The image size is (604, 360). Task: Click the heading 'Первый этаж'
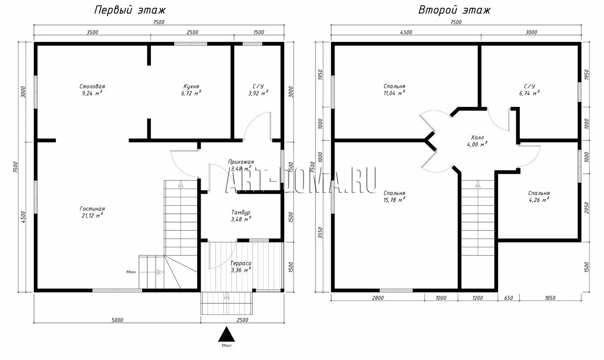coord(130,10)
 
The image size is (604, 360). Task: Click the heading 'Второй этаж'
coord(454,10)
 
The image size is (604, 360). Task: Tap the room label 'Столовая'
coord(92,86)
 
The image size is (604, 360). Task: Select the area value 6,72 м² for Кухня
coord(191,93)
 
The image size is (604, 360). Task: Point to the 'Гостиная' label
coord(92,209)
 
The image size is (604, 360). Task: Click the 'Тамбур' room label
coord(241,212)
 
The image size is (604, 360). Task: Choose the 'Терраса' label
coord(241,263)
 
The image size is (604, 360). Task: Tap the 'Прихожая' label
coord(241,162)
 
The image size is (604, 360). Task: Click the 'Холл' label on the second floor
coord(477,137)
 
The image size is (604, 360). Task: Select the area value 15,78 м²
coord(394,200)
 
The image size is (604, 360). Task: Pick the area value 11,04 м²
coord(394,93)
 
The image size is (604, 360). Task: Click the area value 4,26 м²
coord(539,200)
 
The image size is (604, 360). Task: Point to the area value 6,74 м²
coord(530,93)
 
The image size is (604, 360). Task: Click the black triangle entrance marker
coord(227,334)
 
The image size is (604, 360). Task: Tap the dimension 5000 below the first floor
coord(117,320)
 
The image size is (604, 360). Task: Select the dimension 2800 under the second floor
coord(378,298)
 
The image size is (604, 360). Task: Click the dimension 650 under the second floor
coord(509,298)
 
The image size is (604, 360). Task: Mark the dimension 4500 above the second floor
coord(406,33)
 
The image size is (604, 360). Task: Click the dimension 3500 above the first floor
coord(92,33)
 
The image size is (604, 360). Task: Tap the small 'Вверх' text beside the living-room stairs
coord(131,272)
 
